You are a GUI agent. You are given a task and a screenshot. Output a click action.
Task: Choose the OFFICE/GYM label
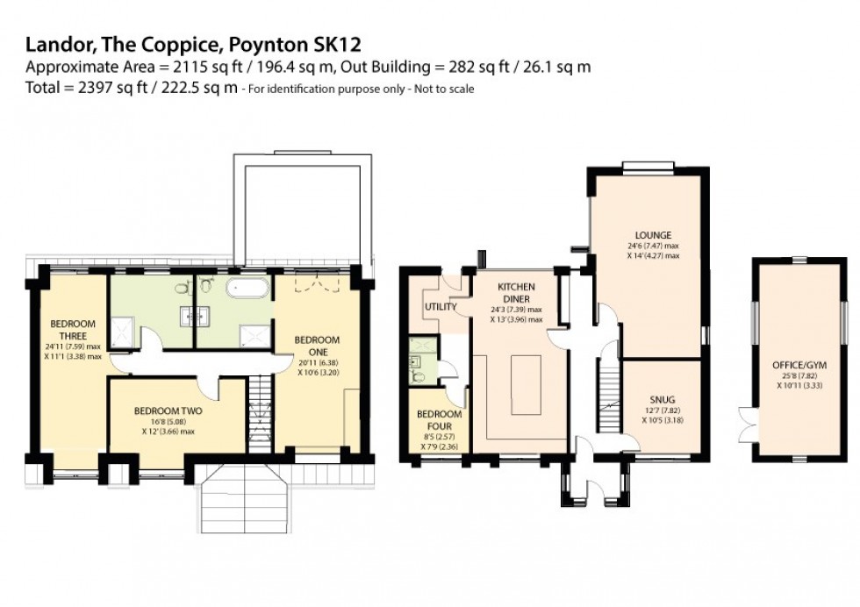[x=798, y=366]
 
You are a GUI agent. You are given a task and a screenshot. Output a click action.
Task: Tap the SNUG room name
[x=663, y=400]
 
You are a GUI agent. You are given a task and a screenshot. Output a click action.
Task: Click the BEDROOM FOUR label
[x=439, y=419]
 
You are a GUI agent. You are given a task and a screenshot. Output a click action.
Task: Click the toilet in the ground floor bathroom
[x=419, y=377]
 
